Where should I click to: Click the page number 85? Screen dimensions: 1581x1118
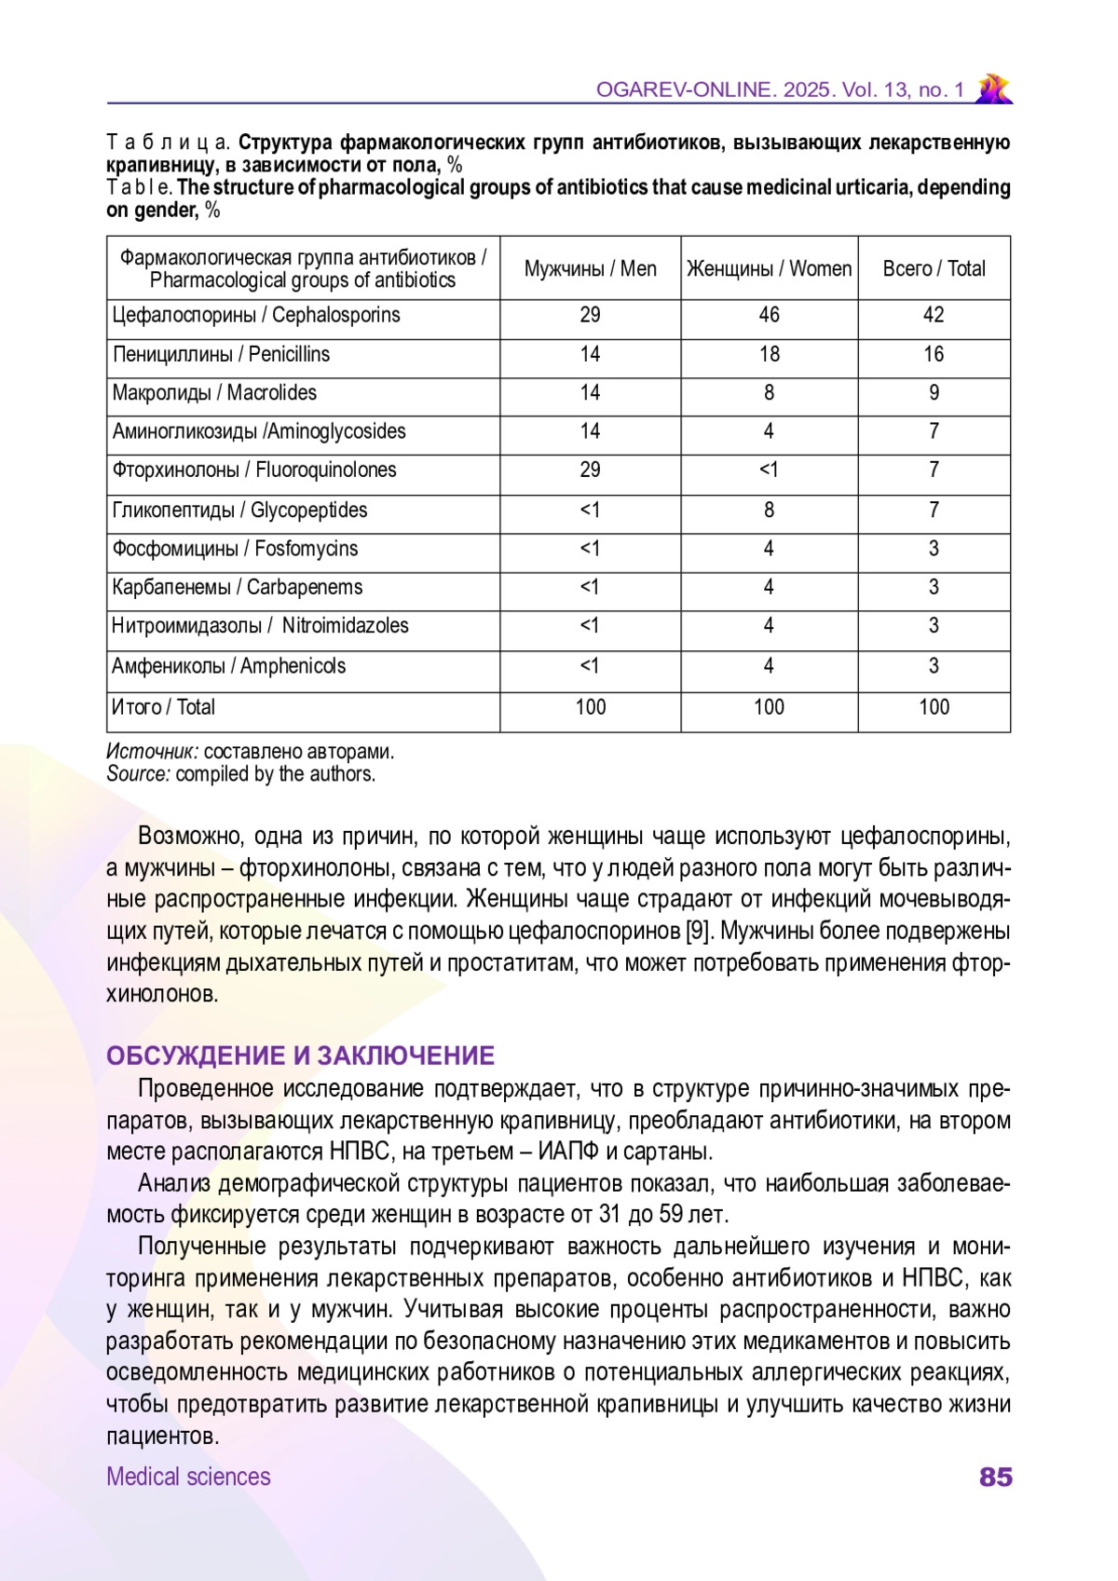click(995, 1477)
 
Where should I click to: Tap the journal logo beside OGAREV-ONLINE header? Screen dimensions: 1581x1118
click(993, 89)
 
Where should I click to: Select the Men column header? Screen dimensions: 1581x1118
click(590, 269)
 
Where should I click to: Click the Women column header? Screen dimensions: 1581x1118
click(769, 269)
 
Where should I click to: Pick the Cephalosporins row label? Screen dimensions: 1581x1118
click(256, 315)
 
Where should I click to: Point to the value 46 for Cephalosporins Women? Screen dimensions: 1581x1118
click(769, 315)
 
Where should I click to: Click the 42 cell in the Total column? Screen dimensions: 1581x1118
click(934, 315)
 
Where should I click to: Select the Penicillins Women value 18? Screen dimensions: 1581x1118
click(769, 354)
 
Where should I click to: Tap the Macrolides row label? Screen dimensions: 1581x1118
click(214, 393)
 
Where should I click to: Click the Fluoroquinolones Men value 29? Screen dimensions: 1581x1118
click(590, 470)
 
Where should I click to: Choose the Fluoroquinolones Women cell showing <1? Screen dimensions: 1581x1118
click(769, 470)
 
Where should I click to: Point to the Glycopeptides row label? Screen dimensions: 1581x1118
click(239, 511)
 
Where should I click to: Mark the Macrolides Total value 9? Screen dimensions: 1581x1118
click(934, 393)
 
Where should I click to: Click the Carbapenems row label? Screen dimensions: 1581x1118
click(237, 588)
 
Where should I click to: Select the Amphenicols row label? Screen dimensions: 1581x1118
click(228, 666)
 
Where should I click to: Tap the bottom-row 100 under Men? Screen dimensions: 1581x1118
click(590, 707)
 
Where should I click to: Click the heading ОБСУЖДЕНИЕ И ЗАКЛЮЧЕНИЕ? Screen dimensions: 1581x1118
click(300, 1056)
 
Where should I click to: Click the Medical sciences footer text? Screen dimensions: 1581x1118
click(188, 1477)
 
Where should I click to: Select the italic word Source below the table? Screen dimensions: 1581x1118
click(138, 774)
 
